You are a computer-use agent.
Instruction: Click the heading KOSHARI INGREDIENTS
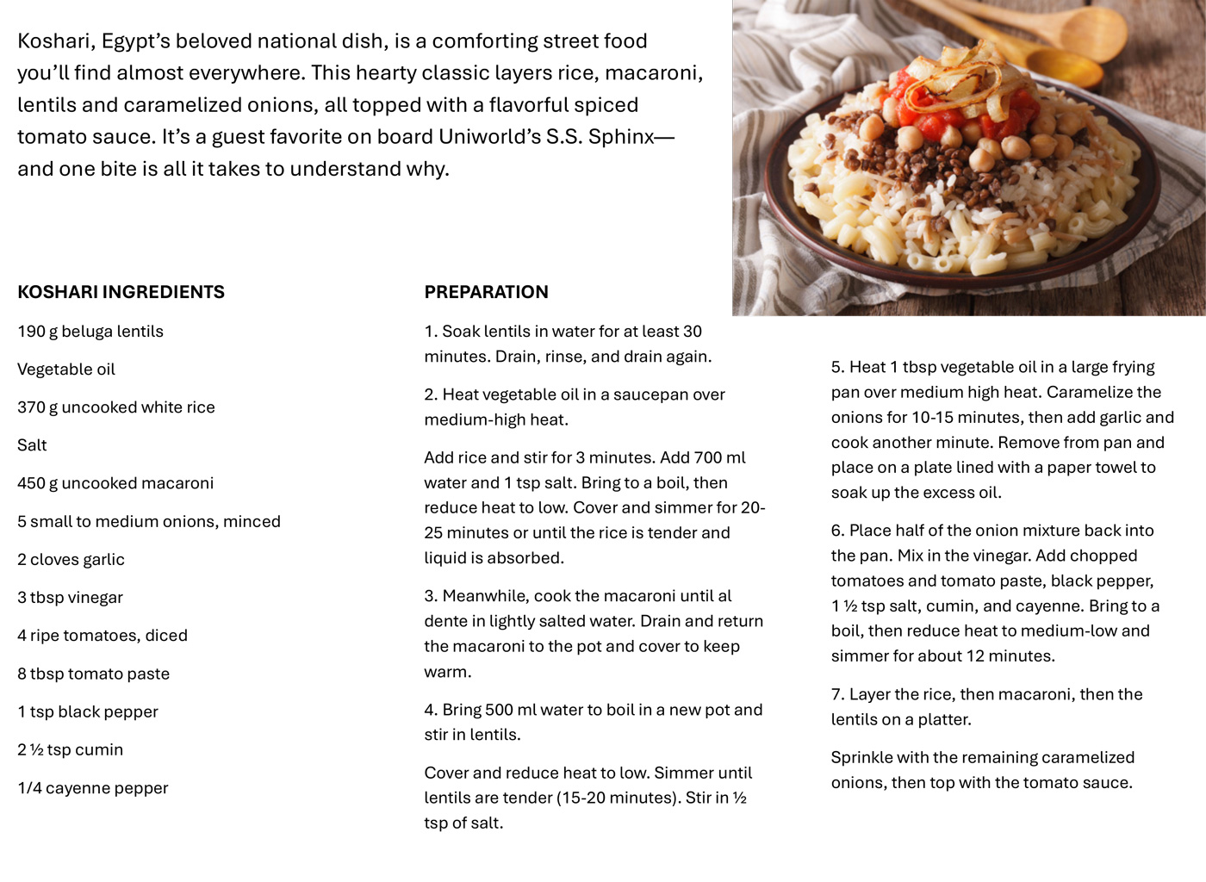(x=121, y=292)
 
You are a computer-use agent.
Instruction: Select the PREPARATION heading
(x=486, y=292)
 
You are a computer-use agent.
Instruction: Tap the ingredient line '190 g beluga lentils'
(x=90, y=332)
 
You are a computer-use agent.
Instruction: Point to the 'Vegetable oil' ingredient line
(x=66, y=370)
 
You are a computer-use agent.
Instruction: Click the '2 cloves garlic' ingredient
(x=71, y=560)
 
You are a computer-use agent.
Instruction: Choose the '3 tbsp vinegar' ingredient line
(x=70, y=598)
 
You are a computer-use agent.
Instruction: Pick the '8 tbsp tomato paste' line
(x=93, y=674)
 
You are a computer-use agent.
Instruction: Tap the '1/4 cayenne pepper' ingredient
(x=93, y=788)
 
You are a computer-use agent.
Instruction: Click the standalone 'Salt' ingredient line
(x=32, y=445)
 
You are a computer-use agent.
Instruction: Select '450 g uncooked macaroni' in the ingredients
(x=115, y=483)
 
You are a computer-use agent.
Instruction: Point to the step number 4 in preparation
(x=430, y=710)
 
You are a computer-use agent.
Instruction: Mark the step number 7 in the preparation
(x=836, y=694)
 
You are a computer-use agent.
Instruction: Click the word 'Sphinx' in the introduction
(x=621, y=137)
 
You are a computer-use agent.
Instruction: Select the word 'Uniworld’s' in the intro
(x=489, y=137)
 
